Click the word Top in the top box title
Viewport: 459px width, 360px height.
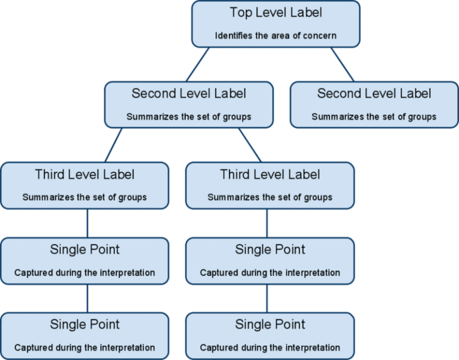point(240,13)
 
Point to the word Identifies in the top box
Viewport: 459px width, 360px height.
point(235,36)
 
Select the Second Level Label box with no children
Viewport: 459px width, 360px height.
point(374,105)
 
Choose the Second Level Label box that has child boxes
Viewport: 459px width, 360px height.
point(189,105)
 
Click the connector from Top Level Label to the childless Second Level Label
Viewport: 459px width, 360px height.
point(343,65)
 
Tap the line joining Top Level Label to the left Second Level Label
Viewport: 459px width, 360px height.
point(198,65)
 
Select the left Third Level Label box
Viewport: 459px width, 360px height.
point(85,185)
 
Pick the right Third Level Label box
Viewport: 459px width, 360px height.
point(270,185)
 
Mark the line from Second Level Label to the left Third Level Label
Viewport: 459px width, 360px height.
point(114,145)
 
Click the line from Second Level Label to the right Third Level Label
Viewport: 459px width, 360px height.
point(250,145)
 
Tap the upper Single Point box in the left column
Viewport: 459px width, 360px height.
point(85,260)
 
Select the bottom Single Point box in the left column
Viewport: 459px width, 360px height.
point(85,335)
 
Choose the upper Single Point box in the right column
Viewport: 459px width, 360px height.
point(270,260)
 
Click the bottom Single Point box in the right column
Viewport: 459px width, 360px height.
point(270,335)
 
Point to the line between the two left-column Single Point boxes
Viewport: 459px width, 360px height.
point(88,297)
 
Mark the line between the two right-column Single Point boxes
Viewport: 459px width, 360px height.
point(267,297)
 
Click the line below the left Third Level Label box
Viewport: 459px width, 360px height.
point(88,223)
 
